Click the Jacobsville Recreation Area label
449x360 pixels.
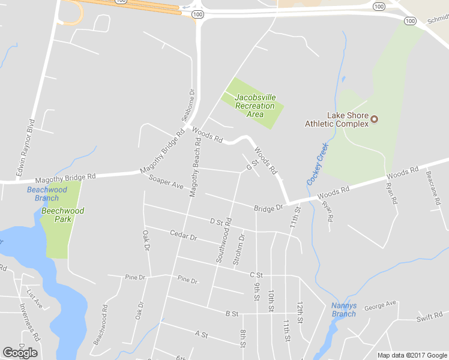point(255,106)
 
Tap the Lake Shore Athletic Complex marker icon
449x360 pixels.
point(375,119)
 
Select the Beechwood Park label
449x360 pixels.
point(62,215)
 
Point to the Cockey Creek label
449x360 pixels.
point(318,164)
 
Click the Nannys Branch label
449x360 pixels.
point(344,310)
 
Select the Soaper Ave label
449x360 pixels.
point(166,183)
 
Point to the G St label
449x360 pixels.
point(252,163)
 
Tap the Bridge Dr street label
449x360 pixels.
point(268,208)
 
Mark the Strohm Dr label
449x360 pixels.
point(239,248)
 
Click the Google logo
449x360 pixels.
point(20,353)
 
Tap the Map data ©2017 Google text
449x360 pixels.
point(412,355)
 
